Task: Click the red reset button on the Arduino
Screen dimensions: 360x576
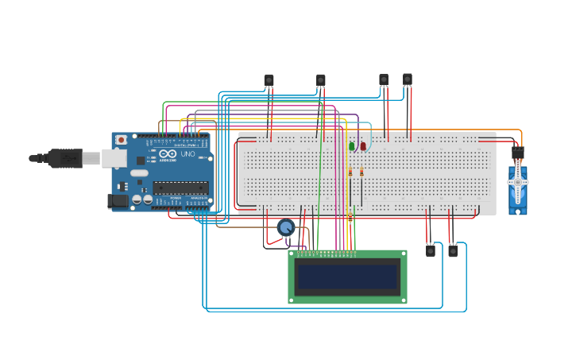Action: coord(121,140)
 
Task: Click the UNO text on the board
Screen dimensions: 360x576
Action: coord(188,154)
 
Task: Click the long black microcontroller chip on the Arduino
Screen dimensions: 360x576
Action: coord(180,188)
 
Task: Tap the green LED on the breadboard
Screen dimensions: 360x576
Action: coord(351,146)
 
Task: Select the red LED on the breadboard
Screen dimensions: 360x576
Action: coord(363,146)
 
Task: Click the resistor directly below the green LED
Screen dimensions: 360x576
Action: coord(350,172)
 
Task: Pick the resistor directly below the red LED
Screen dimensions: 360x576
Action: coord(361,172)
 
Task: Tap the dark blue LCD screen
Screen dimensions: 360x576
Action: coord(347,277)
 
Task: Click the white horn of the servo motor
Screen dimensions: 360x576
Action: coord(518,181)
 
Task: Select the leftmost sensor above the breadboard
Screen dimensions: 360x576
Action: coord(269,79)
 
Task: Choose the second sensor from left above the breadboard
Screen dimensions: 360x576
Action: coord(321,79)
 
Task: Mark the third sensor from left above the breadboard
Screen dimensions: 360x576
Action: coord(384,79)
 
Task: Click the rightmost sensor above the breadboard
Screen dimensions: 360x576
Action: coord(408,79)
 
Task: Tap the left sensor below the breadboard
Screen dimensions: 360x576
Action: coord(431,250)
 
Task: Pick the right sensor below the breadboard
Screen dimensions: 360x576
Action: coord(453,250)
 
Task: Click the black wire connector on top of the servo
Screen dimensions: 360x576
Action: coord(518,152)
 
